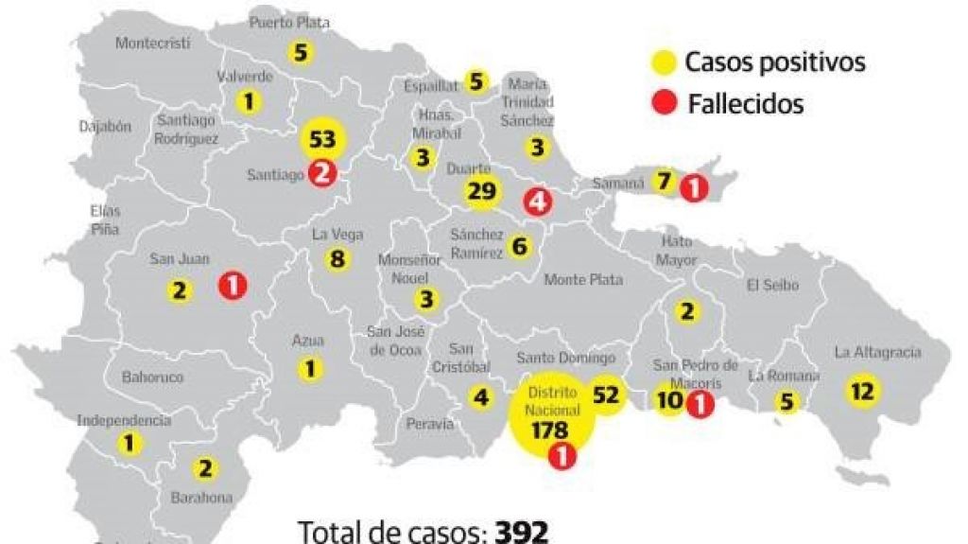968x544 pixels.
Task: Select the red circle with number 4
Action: coord(538,201)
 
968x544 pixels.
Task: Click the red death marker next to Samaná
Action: coord(693,187)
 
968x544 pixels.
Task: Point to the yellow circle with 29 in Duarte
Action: coord(481,192)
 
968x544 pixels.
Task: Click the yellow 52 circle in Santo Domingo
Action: coord(605,395)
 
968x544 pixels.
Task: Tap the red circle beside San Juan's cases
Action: coord(233,285)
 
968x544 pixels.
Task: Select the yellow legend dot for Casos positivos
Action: coord(665,63)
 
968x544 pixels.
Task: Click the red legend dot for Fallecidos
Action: coord(665,102)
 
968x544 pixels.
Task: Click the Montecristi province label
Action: coord(152,43)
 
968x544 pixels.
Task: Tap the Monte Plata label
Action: coord(583,280)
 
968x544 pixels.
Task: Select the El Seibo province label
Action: coord(772,285)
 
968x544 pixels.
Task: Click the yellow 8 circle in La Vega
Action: coord(336,257)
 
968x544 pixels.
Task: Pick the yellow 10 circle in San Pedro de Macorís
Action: coord(669,400)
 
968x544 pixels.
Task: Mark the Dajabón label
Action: coord(105,126)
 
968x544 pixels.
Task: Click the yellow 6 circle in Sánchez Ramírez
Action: coord(519,247)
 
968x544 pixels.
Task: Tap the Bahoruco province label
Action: coord(152,377)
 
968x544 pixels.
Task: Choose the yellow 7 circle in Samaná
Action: coord(664,181)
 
